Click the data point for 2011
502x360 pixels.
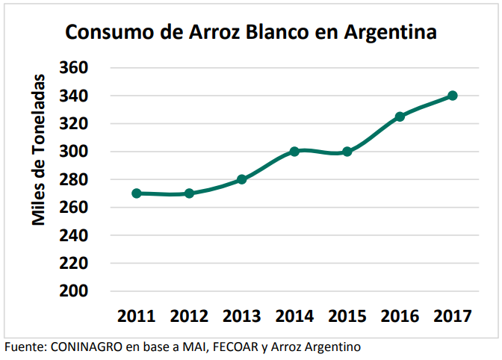pyautogui.click(x=137, y=193)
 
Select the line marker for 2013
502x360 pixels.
pyautogui.click(x=242, y=179)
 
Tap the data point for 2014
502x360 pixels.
pyautogui.click(x=294, y=151)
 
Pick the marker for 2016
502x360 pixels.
pyautogui.click(x=400, y=117)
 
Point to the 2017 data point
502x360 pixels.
pyautogui.click(x=453, y=96)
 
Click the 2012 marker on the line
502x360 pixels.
pyautogui.click(x=189, y=193)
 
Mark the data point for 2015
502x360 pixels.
pyautogui.click(x=347, y=151)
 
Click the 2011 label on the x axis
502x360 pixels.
pyautogui.click(x=136, y=316)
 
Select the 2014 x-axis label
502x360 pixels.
pyautogui.click(x=294, y=316)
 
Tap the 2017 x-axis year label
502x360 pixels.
pyautogui.click(x=453, y=316)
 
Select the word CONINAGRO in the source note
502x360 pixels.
pyautogui.click(x=88, y=347)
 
